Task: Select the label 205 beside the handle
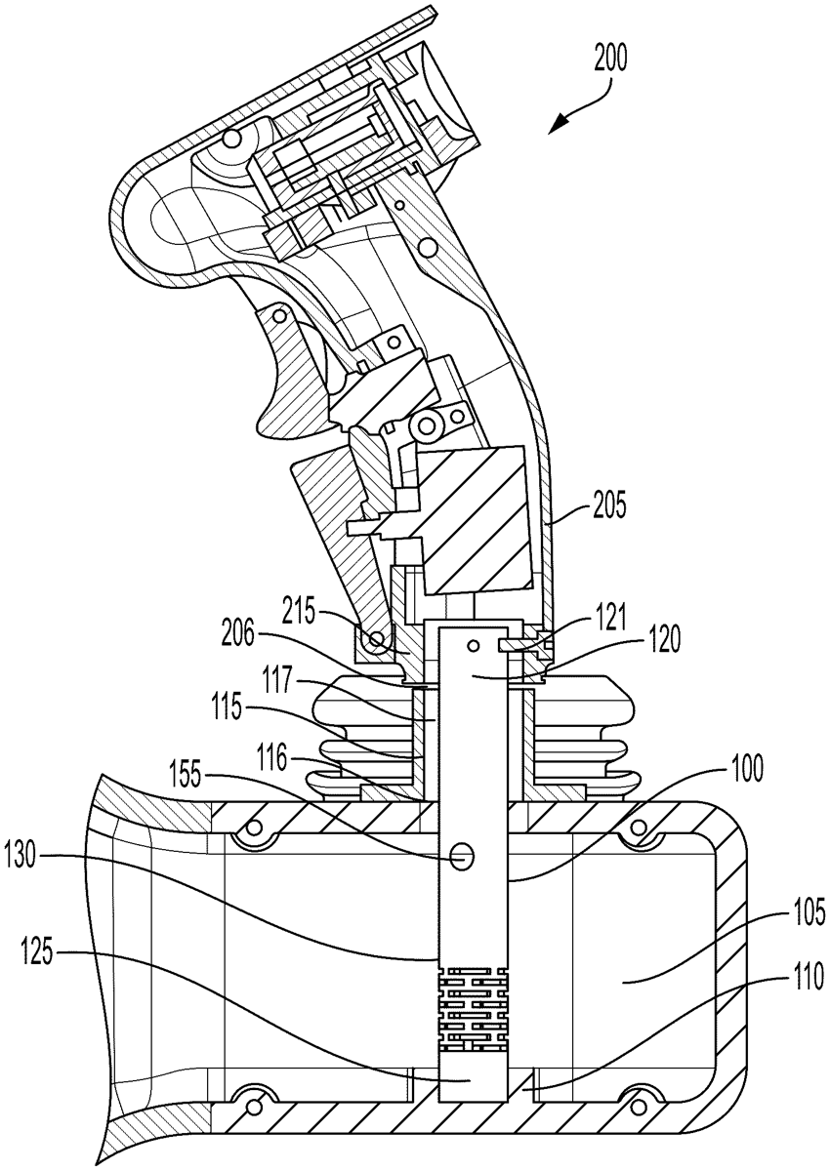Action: [x=608, y=505]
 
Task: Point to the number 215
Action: [x=299, y=612]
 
